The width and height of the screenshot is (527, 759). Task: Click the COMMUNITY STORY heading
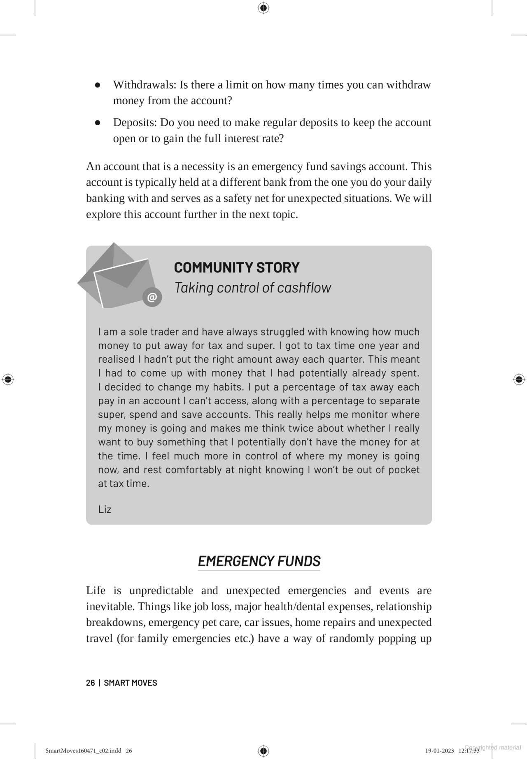(x=237, y=267)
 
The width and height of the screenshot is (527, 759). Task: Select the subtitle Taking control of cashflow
(x=252, y=288)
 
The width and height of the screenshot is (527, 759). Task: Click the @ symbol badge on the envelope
(x=152, y=297)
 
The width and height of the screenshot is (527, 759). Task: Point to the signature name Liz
(x=105, y=509)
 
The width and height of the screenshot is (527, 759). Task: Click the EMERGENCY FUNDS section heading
(x=259, y=561)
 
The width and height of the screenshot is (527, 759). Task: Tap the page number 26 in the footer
(x=90, y=683)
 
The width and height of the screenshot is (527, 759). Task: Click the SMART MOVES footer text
(x=131, y=683)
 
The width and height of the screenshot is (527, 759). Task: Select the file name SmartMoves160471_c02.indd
(x=83, y=750)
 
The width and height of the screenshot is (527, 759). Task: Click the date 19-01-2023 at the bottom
(x=440, y=750)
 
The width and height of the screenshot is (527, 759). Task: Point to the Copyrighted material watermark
(x=493, y=747)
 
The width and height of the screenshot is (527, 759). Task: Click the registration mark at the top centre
(x=263, y=8)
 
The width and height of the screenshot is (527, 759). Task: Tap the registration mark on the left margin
(x=8, y=379)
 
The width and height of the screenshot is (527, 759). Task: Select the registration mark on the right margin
(x=519, y=379)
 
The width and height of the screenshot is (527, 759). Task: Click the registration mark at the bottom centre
(x=263, y=750)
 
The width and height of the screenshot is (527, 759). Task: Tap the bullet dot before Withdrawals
(x=98, y=85)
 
